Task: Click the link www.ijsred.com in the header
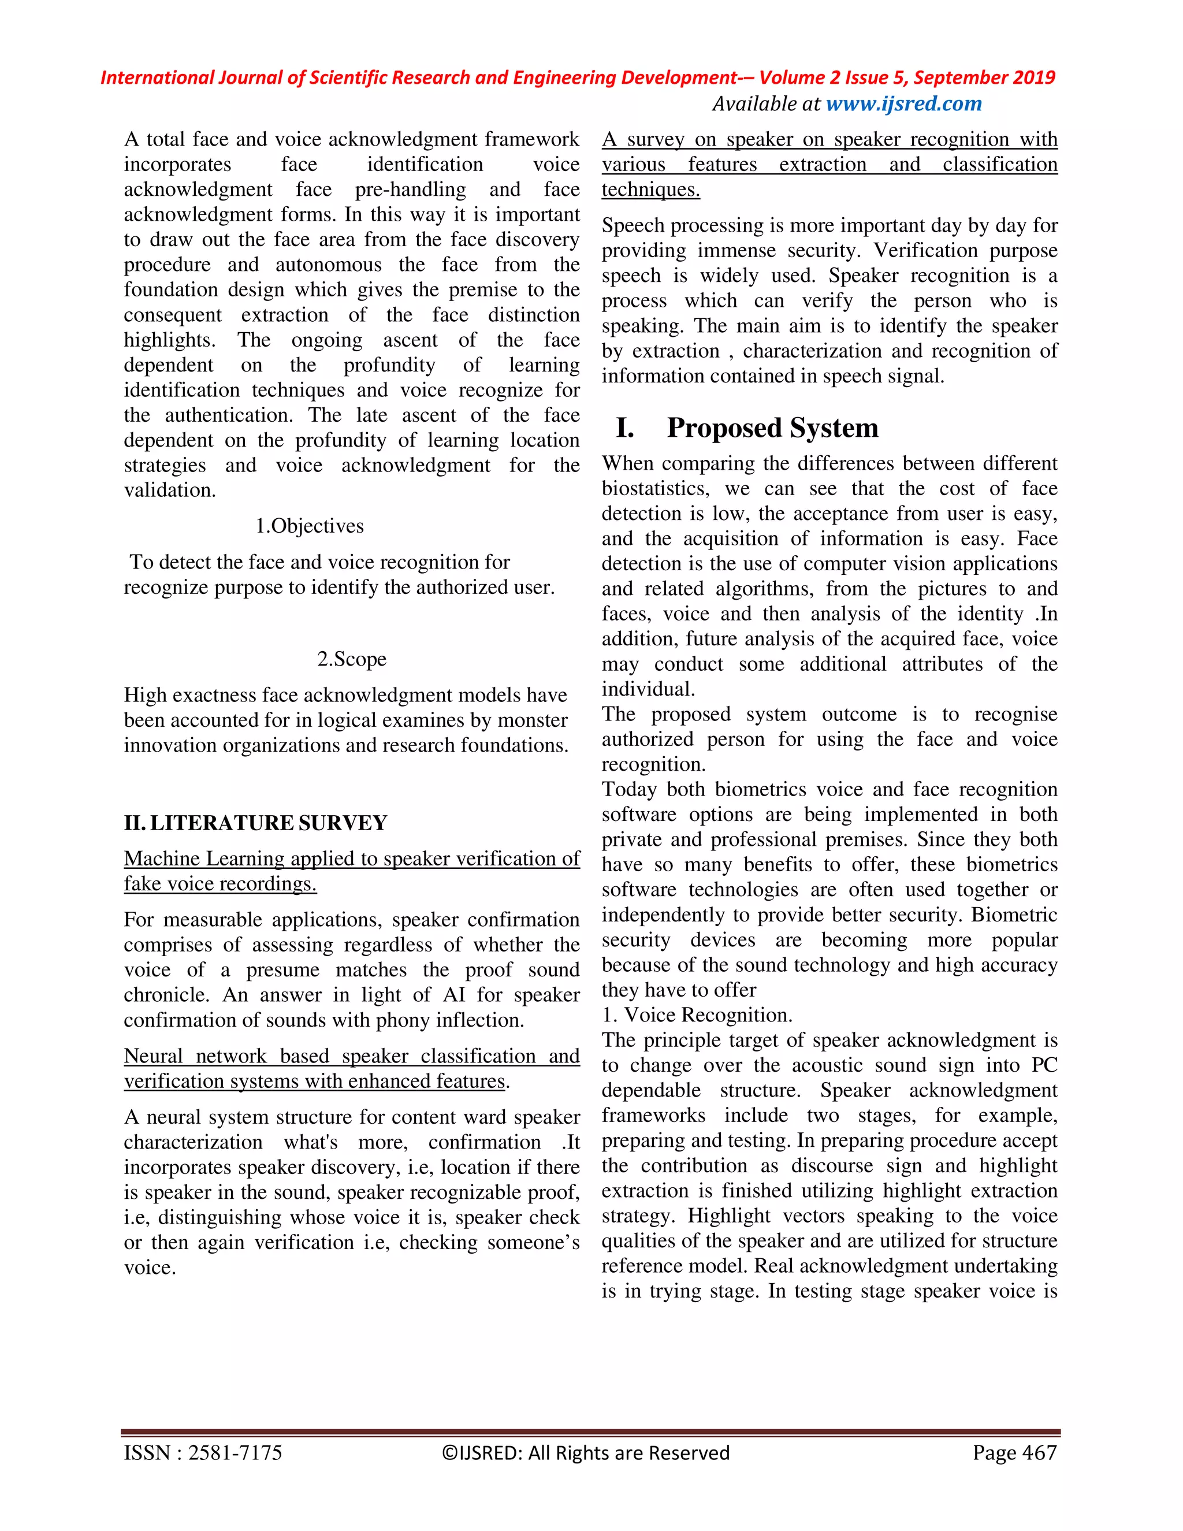903,104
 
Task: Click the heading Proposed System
772,428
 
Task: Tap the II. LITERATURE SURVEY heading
255,822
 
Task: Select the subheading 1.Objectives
309,526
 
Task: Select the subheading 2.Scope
351,659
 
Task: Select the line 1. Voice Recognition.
697,1015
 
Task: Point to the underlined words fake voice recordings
220,884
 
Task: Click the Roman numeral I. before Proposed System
624,428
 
